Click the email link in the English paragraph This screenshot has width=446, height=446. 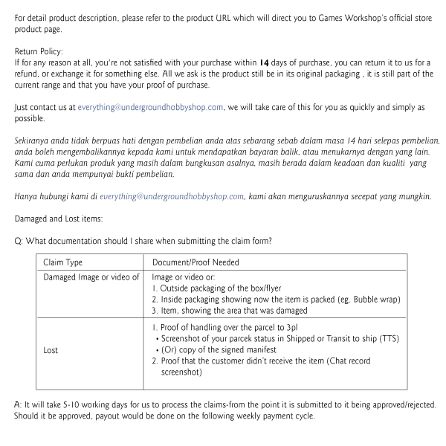tap(161, 108)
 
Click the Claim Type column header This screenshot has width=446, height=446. tap(63, 262)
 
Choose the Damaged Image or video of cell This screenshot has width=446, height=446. tap(91, 277)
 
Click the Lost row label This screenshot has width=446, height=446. tap(51, 349)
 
